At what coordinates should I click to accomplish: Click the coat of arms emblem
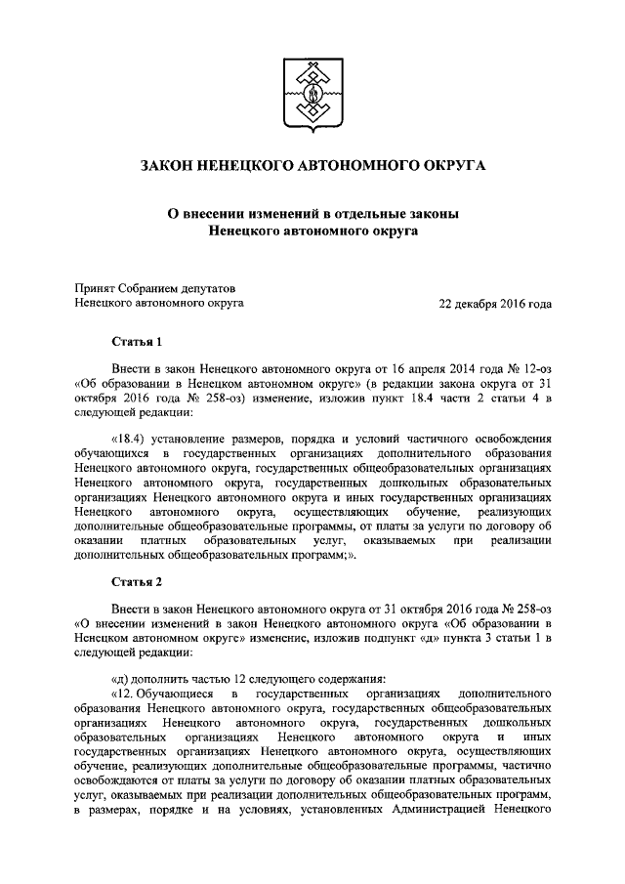click(x=312, y=95)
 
